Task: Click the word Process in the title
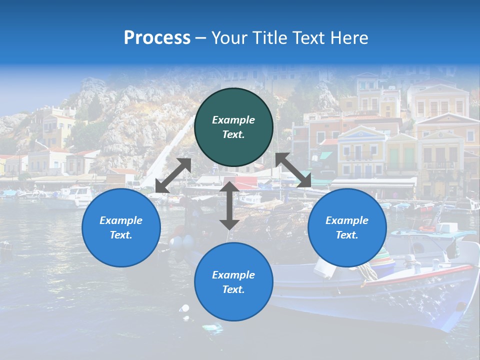pos(157,38)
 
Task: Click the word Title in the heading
pos(266,38)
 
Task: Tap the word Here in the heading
pos(348,38)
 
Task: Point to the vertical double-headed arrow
pos(229,205)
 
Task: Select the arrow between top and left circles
pos(173,175)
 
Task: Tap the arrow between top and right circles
pos(294,170)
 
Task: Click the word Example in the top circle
pos(233,120)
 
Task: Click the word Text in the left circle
pos(120,235)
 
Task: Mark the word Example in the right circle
pos(347,220)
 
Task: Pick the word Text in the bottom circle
pos(233,289)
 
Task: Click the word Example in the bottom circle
pos(233,275)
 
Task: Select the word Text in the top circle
pos(233,135)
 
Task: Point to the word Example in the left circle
pos(121,220)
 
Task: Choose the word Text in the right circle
pos(346,235)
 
